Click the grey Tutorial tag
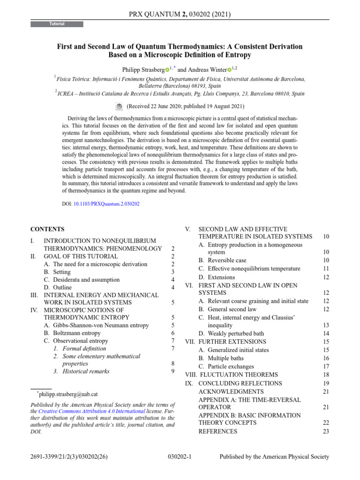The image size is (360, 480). coord(57,24)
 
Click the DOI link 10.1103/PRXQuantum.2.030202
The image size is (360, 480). coord(106,204)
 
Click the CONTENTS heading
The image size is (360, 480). coord(47,229)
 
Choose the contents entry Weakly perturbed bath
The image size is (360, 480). coord(236,333)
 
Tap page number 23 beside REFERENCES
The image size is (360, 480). coord(326,431)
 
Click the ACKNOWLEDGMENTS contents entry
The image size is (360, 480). coord(231,391)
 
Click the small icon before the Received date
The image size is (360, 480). coord(119,106)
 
